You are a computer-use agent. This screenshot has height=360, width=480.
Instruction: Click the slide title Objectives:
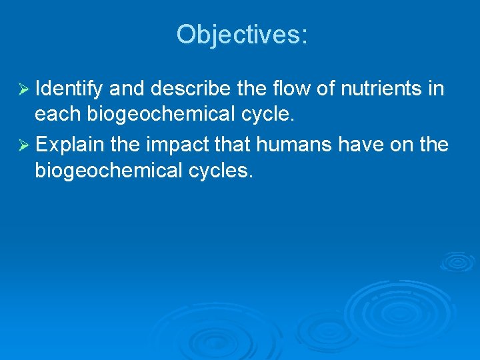[242, 35]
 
